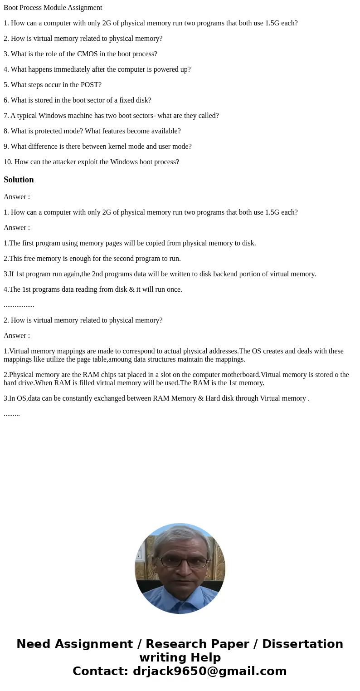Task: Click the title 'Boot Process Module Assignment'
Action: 53,8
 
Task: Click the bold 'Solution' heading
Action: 19,180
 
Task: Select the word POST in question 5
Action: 88,85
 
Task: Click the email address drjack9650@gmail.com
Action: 209,671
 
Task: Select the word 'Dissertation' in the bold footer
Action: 302,644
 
